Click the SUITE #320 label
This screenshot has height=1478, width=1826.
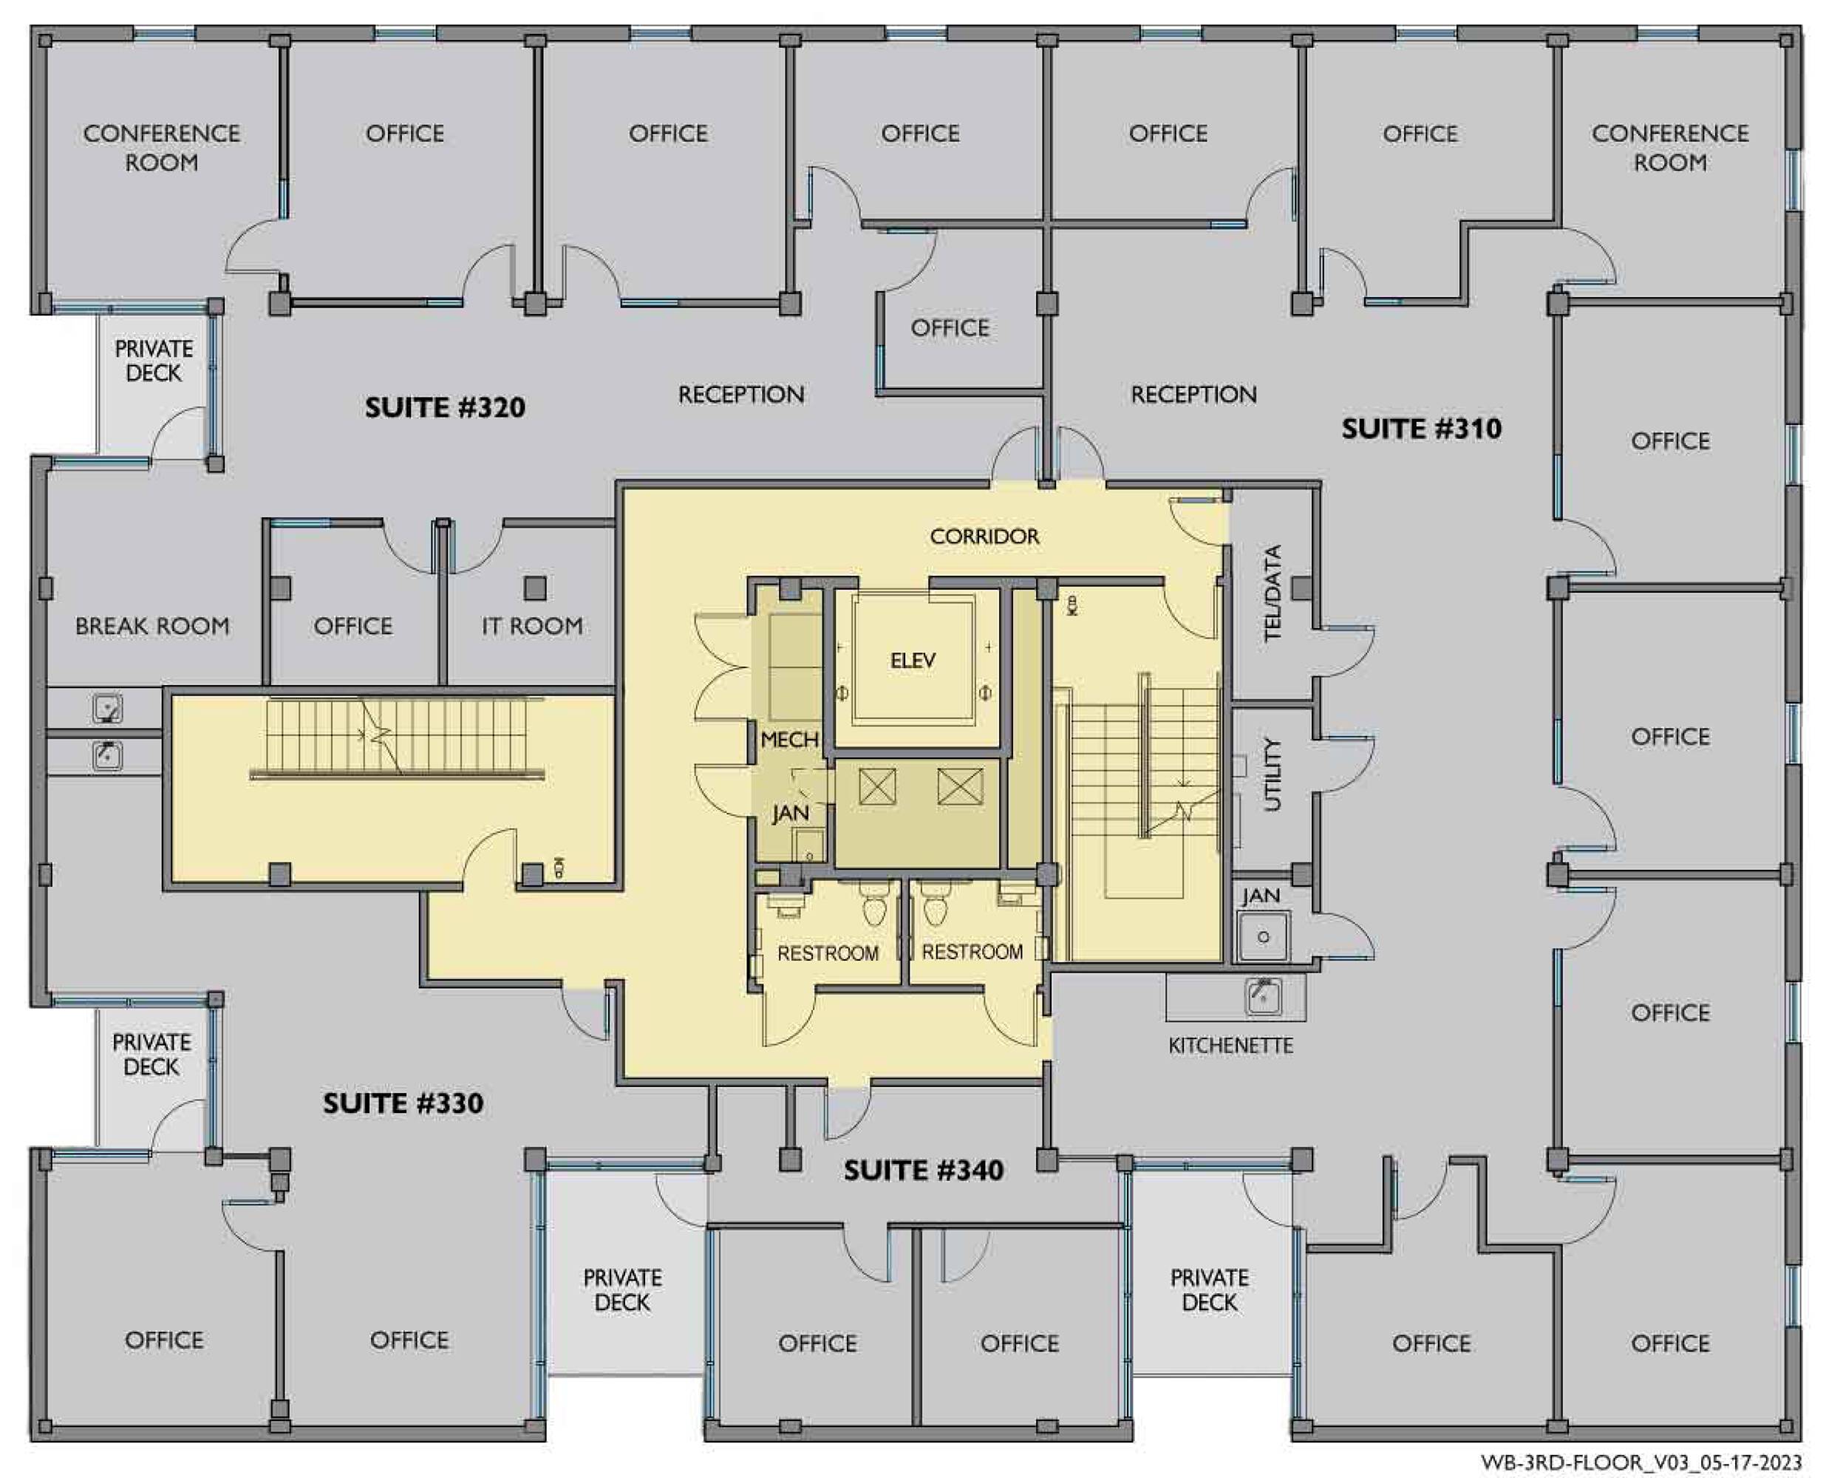pos(445,408)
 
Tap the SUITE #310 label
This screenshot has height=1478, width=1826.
pos(1422,428)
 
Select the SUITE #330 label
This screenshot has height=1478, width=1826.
pos(403,1103)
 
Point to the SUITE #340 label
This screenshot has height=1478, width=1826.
pos(924,1170)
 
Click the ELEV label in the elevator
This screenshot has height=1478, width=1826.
pos(913,660)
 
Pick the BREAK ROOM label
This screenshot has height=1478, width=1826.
pos(152,627)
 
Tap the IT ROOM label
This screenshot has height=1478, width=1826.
pos(533,627)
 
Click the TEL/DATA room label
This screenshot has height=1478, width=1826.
pos(1273,593)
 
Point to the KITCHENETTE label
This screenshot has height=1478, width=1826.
pos(1231,1046)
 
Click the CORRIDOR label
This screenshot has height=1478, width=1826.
pos(985,537)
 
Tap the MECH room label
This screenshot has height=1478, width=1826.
pos(789,740)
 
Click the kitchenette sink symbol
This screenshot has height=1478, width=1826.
pos(1264,996)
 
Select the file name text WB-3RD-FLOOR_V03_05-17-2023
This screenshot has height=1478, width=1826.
pos(1641,1462)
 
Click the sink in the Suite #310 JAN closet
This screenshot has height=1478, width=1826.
pos(1264,936)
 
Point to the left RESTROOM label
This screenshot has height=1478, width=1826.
pos(828,953)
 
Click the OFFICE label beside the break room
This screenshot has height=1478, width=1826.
pos(352,627)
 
